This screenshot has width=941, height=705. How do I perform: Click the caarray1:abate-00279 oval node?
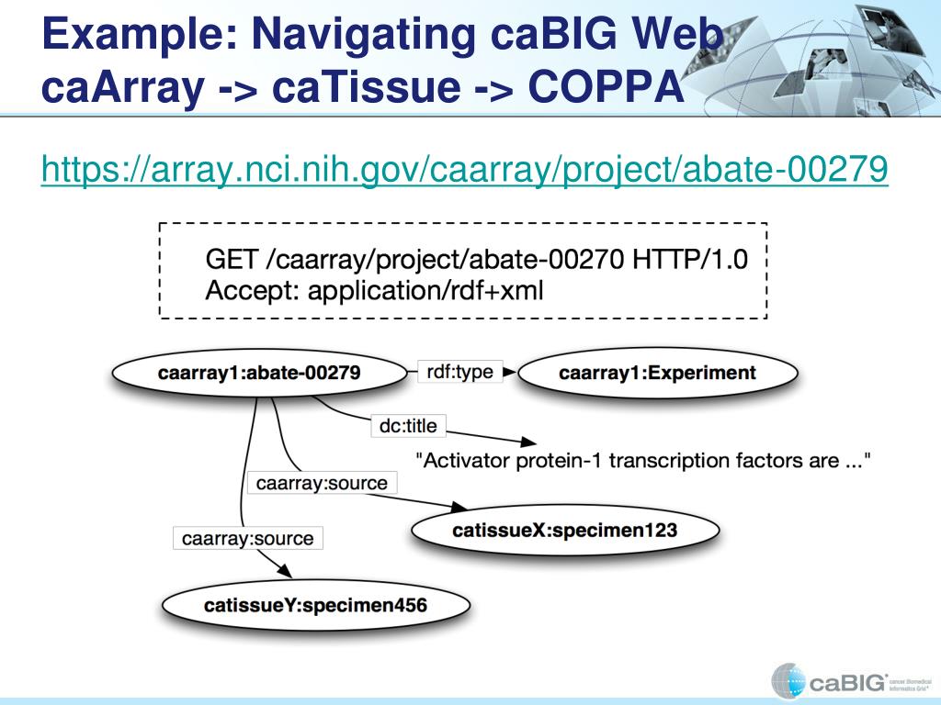258,373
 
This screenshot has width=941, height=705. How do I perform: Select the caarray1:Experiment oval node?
657,373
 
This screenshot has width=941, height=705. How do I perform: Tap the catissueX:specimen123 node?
564,530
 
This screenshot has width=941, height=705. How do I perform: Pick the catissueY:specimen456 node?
315,605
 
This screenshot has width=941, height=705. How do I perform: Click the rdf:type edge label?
460,373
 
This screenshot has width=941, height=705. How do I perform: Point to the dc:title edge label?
408,426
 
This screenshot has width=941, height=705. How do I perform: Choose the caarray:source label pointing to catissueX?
322,483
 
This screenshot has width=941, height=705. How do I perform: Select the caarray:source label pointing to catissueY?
247,539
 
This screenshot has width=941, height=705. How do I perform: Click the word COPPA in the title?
607,88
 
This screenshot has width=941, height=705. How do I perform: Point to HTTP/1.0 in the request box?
690,260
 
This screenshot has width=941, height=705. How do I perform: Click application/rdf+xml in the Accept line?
425,291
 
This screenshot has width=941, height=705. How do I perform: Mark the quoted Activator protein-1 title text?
643,460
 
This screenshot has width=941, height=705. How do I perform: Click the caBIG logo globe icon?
788,680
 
